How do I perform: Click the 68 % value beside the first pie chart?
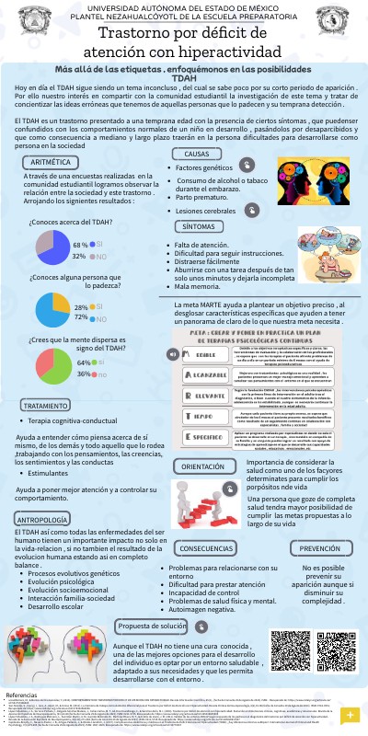pos(80,246)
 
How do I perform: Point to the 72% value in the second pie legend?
pos(81,316)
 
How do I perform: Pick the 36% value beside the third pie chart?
pos(84,374)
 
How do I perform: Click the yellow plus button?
pos(349,715)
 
